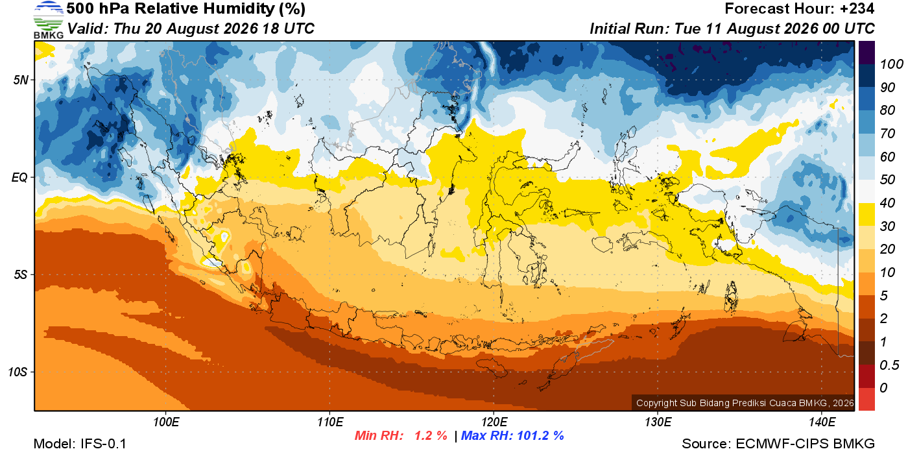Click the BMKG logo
49,20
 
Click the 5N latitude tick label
21,80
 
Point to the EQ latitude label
20,178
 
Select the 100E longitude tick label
166,422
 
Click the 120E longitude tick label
494,422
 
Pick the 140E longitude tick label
822,422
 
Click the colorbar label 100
891,64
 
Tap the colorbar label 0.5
889,365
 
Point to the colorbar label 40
887,203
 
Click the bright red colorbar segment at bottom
866,399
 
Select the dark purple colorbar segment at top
866,53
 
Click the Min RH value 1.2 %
431,435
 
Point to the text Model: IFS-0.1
80,444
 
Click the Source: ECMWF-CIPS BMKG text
778,444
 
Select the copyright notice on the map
745,403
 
